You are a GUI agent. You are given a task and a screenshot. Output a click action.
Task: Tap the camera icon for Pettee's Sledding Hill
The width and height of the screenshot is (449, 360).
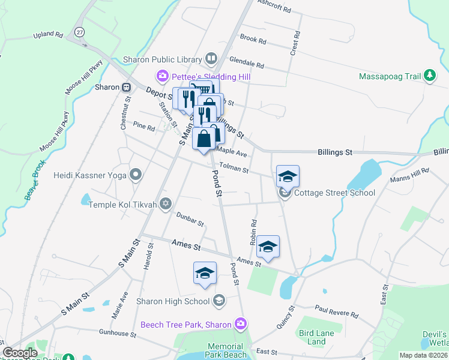pyautogui.click(x=162, y=77)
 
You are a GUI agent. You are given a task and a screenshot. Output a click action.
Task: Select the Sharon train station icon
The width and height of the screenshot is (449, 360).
pyautogui.click(x=126, y=87)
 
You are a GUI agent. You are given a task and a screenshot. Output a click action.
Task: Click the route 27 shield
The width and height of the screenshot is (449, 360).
pyautogui.click(x=79, y=32)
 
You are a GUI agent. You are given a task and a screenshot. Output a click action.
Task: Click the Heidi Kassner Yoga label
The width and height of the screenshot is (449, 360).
pyautogui.click(x=91, y=175)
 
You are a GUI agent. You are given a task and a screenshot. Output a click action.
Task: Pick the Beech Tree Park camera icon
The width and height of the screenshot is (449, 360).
pyautogui.click(x=241, y=325)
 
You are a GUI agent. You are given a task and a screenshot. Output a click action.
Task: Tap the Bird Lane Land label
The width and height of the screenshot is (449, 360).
pyautogui.click(x=313, y=337)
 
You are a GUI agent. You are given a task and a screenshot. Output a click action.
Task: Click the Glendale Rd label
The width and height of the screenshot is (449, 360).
pyautogui.click(x=246, y=64)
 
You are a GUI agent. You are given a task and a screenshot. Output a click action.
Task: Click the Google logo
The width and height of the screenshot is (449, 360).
pyautogui.click(x=20, y=352)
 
